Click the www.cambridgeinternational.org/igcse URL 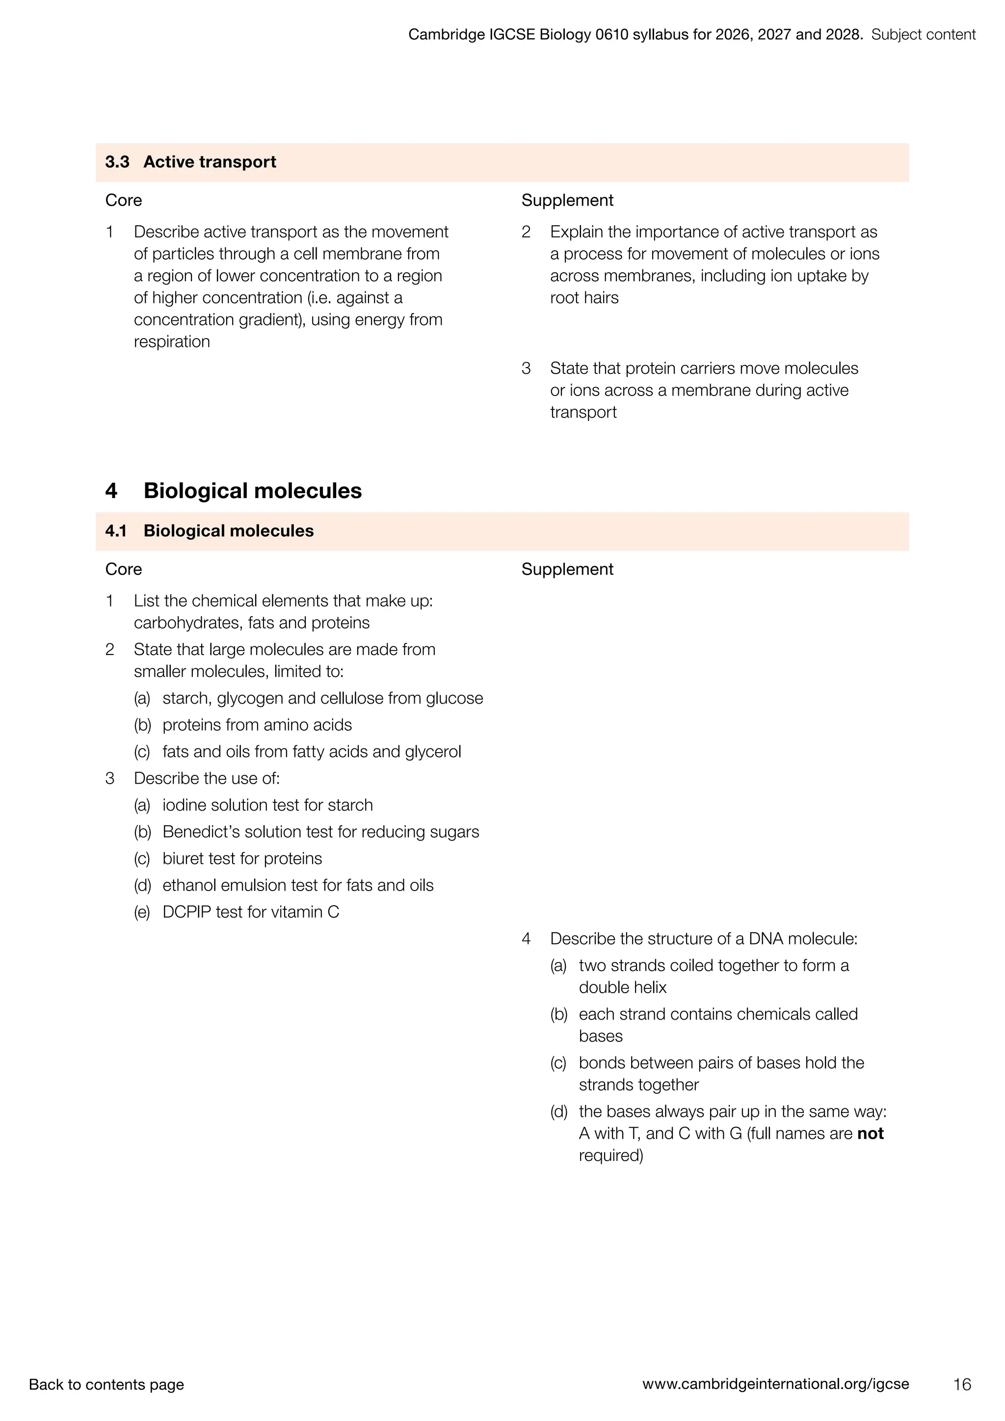775,1384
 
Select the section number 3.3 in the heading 117,162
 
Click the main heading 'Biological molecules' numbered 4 253,491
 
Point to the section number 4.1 116,531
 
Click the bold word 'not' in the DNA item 870,1133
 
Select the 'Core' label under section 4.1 123,569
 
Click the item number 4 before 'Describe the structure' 526,939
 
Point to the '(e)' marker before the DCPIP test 142,912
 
